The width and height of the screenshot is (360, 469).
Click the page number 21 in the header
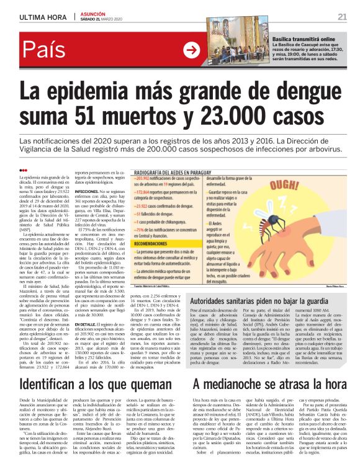click(341, 17)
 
